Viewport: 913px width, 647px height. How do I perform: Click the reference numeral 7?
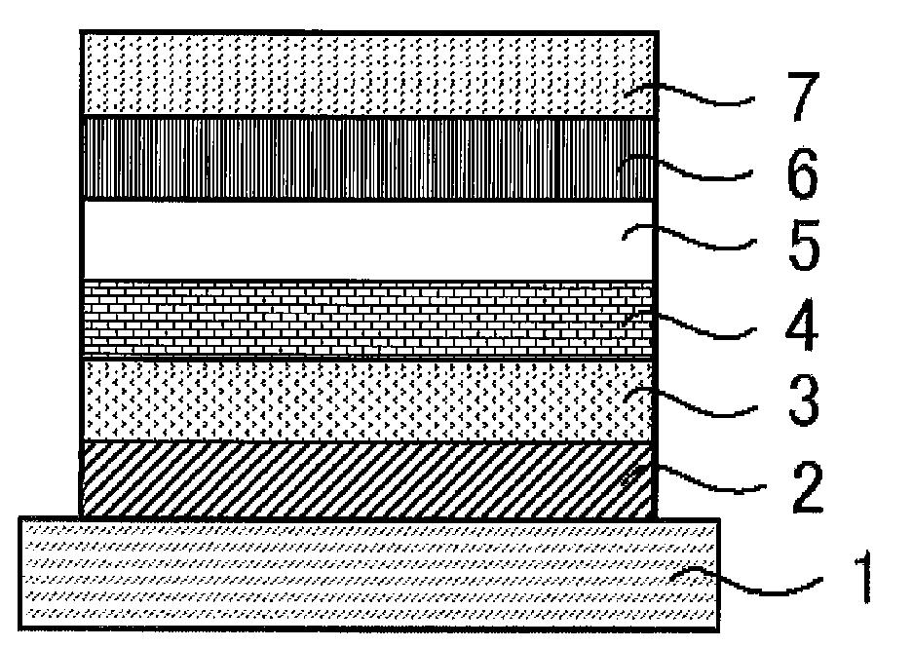(x=804, y=96)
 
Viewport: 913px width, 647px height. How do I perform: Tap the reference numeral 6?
(x=802, y=173)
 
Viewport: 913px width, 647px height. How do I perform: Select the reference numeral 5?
(x=804, y=246)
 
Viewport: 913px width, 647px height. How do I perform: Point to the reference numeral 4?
(x=802, y=324)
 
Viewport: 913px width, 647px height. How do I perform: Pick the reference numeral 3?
(x=804, y=400)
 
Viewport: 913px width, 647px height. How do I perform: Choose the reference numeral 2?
(x=807, y=487)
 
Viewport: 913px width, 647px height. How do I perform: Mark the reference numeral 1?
(x=864, y=577)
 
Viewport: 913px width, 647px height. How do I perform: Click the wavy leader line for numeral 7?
(x=689, y=94)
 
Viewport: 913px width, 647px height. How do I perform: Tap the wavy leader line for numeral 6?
(x=685, y=168)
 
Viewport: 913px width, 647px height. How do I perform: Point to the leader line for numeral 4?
(x=689, y=324)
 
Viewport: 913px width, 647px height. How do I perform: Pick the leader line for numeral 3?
(x=691, y=401)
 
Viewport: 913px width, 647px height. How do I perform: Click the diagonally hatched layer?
(x=368, y=479)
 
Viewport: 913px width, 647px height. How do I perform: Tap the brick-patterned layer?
(x=368, y=319)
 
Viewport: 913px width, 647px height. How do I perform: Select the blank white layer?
(x=368, y=240)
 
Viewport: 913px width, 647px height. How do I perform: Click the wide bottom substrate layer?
(x=369, y=573)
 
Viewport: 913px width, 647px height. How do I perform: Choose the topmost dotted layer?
(x=369, y=73)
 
